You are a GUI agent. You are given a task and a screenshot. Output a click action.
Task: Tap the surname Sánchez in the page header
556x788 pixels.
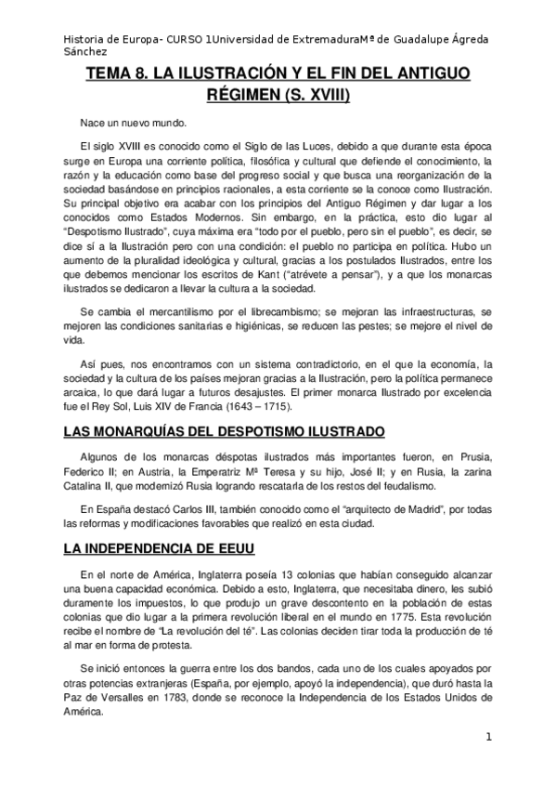(x=84, y=53)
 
